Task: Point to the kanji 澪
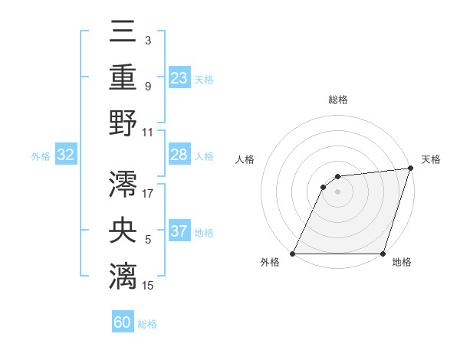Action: pos(123,185)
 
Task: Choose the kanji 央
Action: pos(123,231)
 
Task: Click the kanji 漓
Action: pos(123,277)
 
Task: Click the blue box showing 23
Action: pos(179,77)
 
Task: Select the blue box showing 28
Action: pos(179,155)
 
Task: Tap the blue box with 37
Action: pos(179,231)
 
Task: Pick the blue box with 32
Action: pos(66,155)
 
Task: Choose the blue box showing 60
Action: pos(123,322)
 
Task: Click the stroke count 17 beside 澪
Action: pos(148,194)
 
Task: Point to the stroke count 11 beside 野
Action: pos(148,132)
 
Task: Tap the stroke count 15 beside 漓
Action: pos(148,286)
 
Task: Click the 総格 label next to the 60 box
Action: pos(148,324)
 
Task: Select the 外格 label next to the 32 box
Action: pos(41,156)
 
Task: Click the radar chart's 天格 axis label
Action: pos(431,159)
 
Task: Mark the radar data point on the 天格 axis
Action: pos(410,169)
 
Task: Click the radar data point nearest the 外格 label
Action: pos(293,254)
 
